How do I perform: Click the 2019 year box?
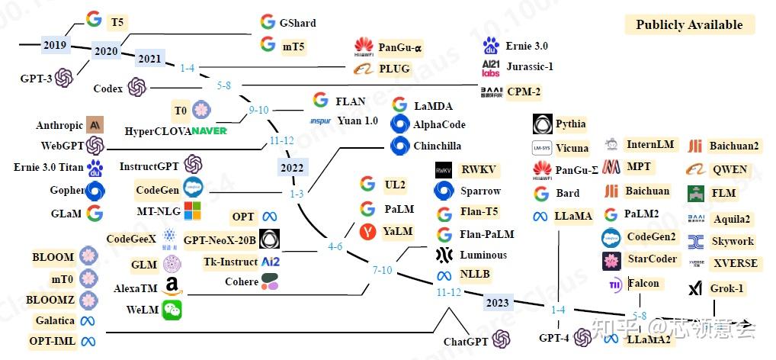click(54, 45)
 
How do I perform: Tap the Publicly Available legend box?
click(689, 24)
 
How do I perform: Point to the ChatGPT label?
click(466, 342)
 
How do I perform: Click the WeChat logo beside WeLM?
click(172, 310)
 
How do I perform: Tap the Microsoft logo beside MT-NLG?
click(193, 211)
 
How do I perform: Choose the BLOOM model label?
click(53, 257)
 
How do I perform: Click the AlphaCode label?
click(439, 124)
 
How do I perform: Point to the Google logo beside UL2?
click(368, 184)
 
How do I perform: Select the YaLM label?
click(398, 231)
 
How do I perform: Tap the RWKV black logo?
click(444, 170)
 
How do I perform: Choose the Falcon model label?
click(643, 283)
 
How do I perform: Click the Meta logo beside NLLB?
click(444, 275)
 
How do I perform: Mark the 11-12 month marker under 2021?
click(281, 140)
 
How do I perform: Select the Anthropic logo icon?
click(95, 125)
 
